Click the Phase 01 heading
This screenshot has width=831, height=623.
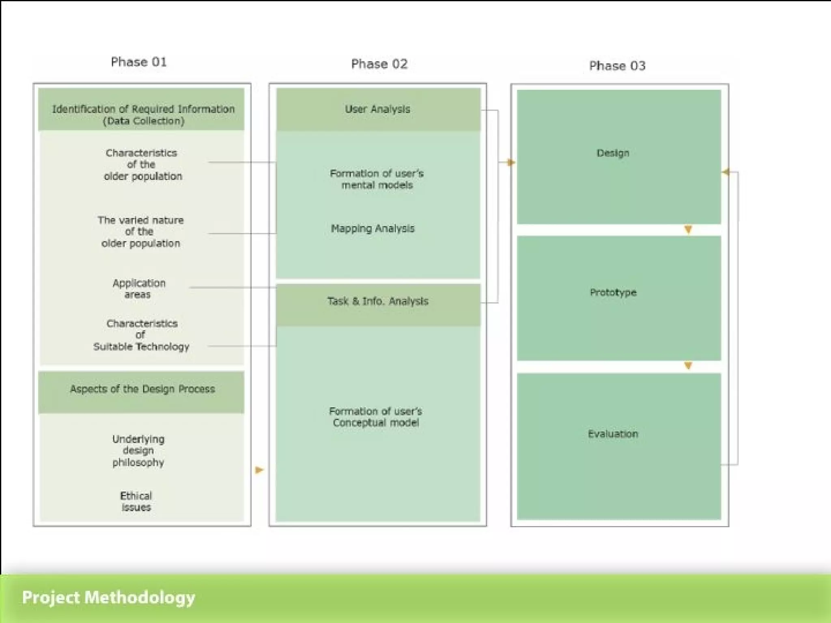click(139, 62)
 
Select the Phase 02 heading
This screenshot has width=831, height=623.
click(379, 64)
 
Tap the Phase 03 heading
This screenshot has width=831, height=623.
click(617, 66)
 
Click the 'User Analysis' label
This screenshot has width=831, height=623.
click(377, 109)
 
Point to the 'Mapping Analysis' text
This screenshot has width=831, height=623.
click(372, 228)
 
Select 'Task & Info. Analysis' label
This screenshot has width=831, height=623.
click(378, 301)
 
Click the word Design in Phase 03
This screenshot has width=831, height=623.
click(613, 153)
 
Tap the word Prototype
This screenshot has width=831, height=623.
click(613, 292)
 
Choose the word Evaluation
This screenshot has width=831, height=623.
click(613, 434)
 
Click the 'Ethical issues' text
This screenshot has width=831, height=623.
click(136, 501)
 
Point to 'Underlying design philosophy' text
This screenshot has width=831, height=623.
click(138, 451)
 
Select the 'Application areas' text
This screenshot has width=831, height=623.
click(139, 288)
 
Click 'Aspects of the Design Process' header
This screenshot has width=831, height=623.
click(142, 389)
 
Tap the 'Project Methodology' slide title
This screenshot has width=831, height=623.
click(108, 597)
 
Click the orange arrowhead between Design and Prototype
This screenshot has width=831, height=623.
click(688, 230)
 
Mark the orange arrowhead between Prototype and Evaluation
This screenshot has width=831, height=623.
click(688, 365)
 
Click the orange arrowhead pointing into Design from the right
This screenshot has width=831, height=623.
click(726, 172)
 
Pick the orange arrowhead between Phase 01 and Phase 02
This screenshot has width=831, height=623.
click(259, 470)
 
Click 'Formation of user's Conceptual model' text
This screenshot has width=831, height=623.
click(376, 417)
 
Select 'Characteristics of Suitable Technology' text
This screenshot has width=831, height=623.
click(141, 335)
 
